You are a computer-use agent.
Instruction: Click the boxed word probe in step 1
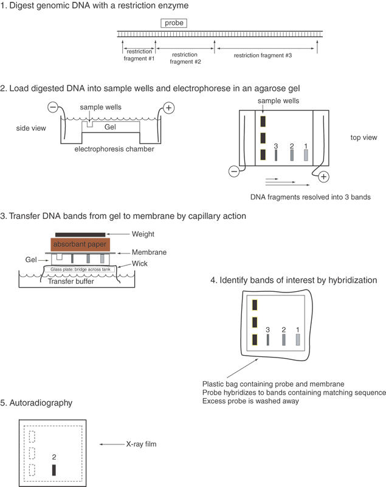pos(173,24)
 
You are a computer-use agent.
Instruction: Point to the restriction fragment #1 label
pos(140,55)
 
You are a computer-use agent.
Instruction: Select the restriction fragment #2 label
pos(185,58)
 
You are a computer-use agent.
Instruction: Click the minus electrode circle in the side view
pos(53,108)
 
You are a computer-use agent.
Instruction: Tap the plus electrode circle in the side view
pos(168,108)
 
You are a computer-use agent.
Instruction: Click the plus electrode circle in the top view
pos(323,177)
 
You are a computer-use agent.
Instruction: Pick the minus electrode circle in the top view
pos(234,172)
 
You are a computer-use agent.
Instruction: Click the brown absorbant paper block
pos(79,244)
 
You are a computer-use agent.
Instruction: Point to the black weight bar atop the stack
pos(80,234)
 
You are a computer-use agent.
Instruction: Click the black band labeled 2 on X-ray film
pos(54,469)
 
